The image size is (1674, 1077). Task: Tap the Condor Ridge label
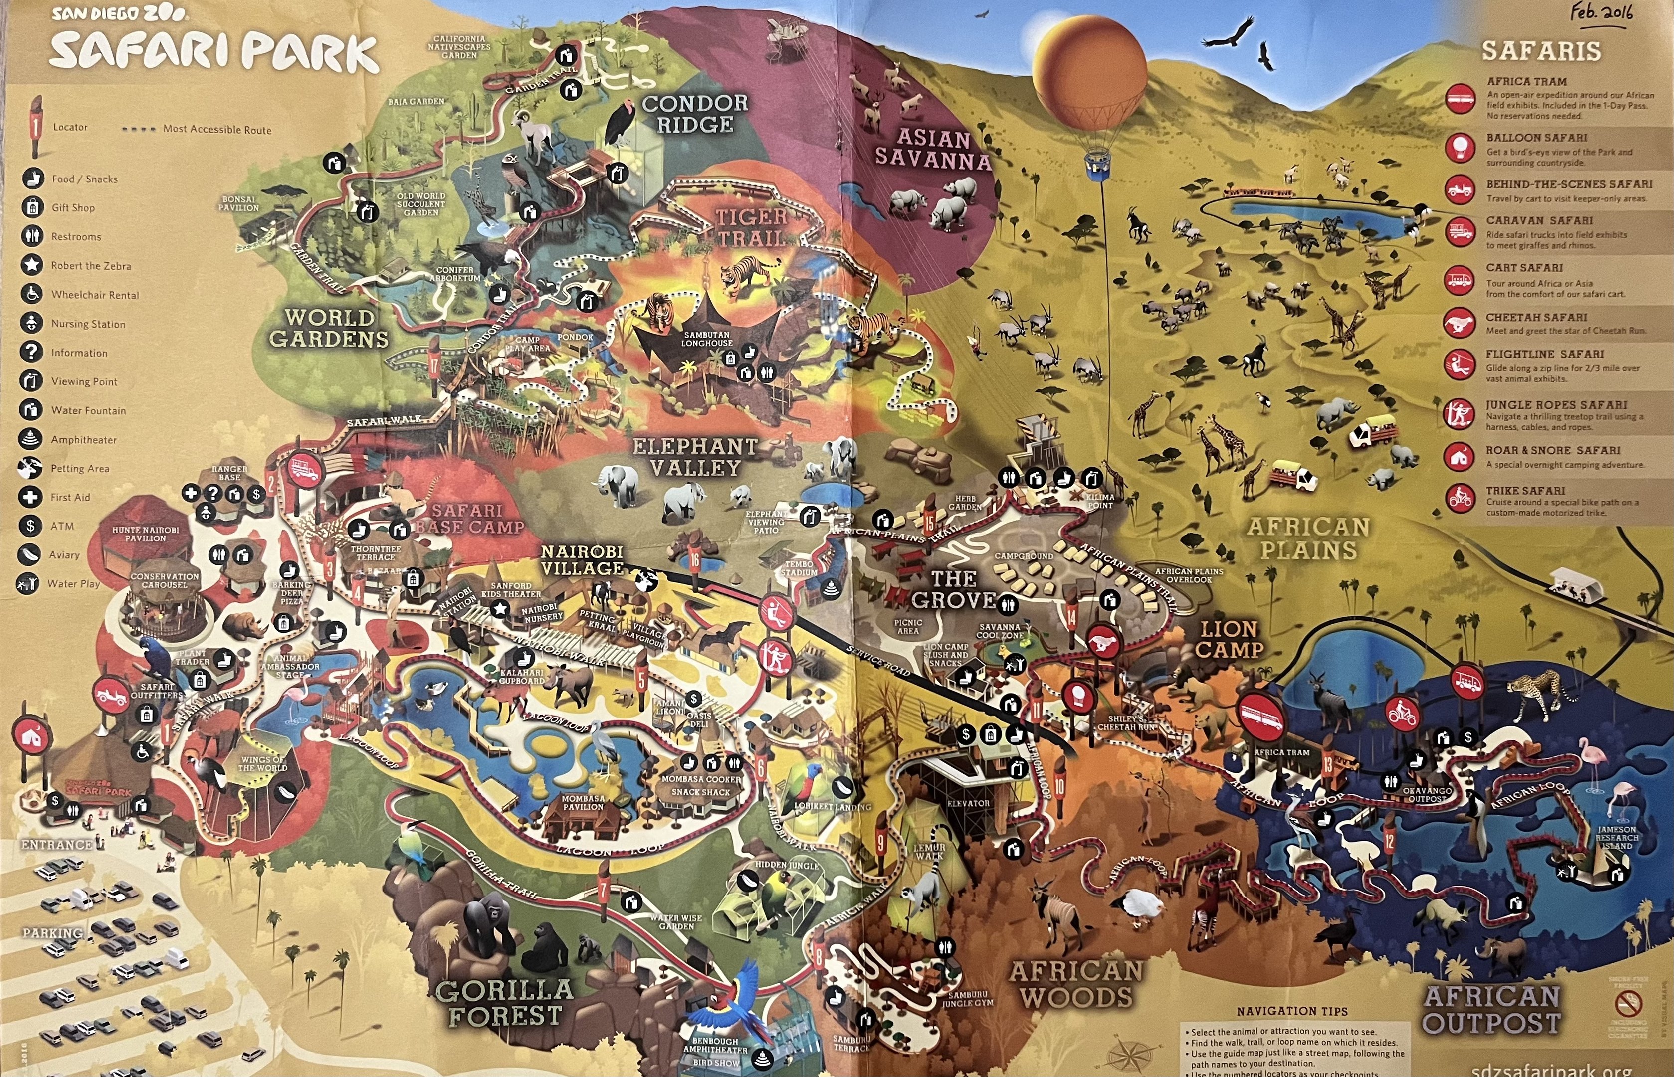(695, 114)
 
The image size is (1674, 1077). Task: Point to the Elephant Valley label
(695, 457)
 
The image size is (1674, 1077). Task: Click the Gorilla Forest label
(504, 1002)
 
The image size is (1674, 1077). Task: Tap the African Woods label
(1075, 984)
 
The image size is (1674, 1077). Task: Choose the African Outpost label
(1491, 1009)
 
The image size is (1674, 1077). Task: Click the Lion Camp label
(1229, 639)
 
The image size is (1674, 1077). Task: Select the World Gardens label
(329, 328)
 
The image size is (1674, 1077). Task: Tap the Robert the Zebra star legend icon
(31, 265)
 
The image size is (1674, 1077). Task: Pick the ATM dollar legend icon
(31, 525)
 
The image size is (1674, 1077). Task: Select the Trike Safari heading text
(1526, 490)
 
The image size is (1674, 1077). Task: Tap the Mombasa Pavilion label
(583, 802)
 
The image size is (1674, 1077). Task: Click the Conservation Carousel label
(165, 580)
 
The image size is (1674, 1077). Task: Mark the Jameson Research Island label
(1617, 838)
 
